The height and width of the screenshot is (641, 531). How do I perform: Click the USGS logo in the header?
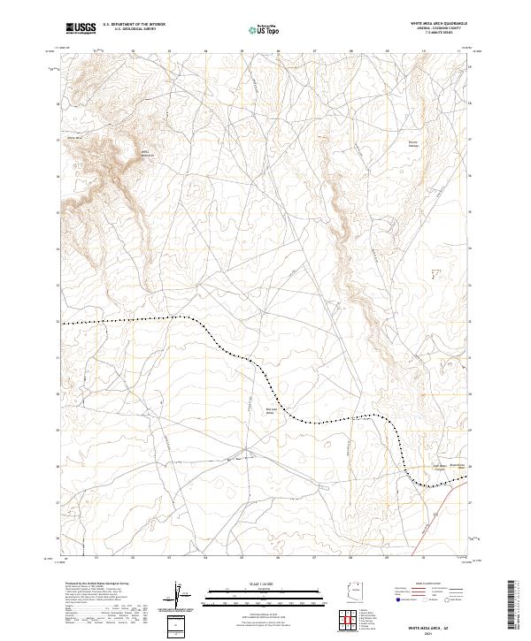click(x=81, y=28)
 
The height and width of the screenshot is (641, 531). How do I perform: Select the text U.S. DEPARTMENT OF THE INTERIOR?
click(x=134, y=25)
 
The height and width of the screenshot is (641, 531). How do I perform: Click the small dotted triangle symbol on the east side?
click(x=434, y=275)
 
